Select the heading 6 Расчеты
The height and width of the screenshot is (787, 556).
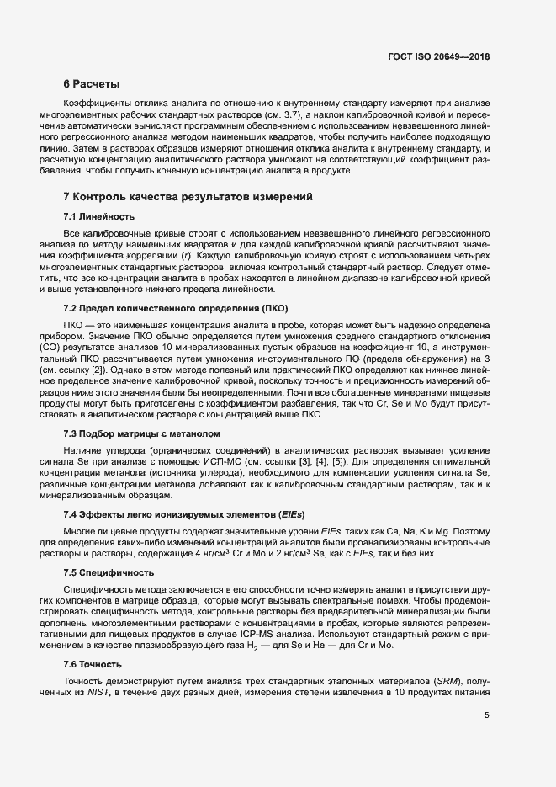92,84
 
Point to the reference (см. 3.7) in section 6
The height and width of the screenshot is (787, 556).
304,114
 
